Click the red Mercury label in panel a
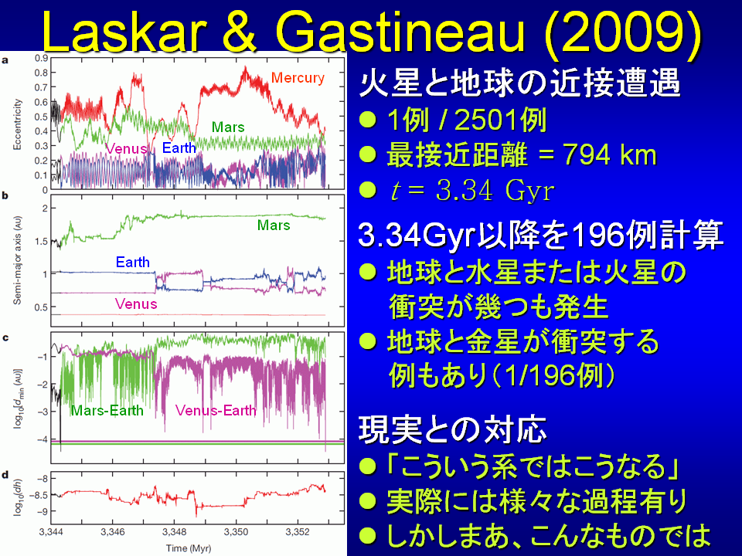point(298,77)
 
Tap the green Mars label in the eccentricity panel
point(228,127)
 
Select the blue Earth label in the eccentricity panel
point(179,148)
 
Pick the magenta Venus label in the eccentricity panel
point(126,149)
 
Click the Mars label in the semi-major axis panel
point(274,225)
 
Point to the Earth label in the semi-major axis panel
point(132,262)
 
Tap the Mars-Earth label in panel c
point(107,410)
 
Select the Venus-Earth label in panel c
point(216,410)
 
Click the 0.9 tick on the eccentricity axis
point(42,58)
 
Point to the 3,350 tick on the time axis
point(236,532)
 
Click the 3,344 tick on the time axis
point(51,532)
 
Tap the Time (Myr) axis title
point(189,548)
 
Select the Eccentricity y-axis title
point(18,124)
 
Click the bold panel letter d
point(5,475)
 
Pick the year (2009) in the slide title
point(622,32)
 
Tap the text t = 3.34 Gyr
point(471,191)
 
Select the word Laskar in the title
point(124,32)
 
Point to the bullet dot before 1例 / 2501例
point(368,120)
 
